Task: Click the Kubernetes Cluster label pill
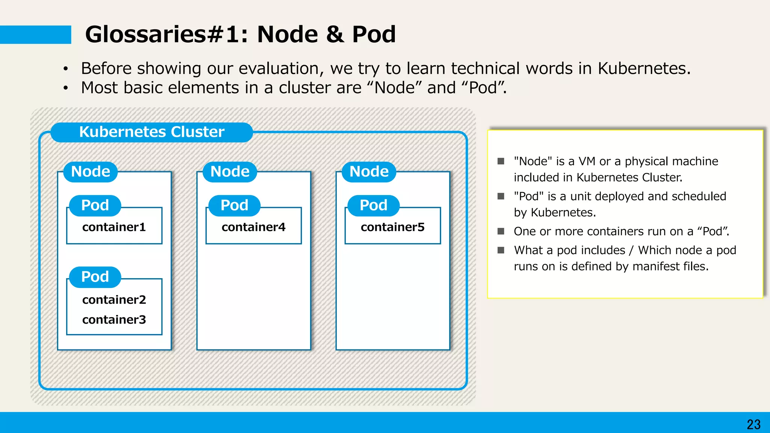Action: pyautogui.click(x=152, y=132)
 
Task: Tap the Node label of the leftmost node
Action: pyautogui.click(x=91, y=172)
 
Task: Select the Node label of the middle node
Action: pyautogui.click(x=230, y=172)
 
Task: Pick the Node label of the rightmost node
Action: pyautogui.click(x=369, y=172)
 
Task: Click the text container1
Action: pyautogui.click(x=114, y=227)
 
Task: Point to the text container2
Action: pyautogui.click(x=114, y=300)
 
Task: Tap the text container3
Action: pyautogui.click(x=114, y=320)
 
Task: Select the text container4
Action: pyautogui.click(x=253, y=227)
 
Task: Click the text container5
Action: pyautogui.click(x=393, y=227)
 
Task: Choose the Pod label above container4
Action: pyautogui.click(x=234, y=206)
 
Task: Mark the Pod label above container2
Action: pyautogui.click(x=95, y=277)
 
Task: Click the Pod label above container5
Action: pyautogui.click(x=373, y=206)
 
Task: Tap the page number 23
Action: pyautogui.click(x=753, y=424)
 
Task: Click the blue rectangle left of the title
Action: pyautogui.click(x=35, y=35)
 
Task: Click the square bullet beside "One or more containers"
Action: pyautogui.click(x=501, y=231)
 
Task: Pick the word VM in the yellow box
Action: pyautogui.click(x=587, y=161)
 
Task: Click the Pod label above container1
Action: pyautogui.click(x=95, y=206)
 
